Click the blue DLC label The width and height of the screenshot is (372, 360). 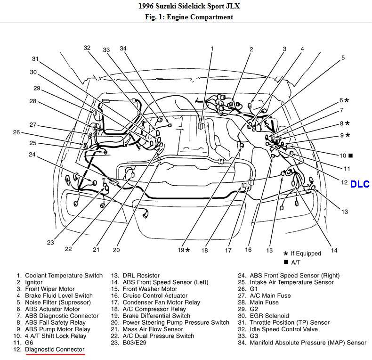[x=360, y=184]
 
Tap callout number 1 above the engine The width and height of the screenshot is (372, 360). [x=212, y=49]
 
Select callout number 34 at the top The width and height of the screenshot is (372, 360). [x=123, y=49]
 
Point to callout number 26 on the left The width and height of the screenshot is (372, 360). [x=16, y=132]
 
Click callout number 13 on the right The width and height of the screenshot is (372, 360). [x=345, y=212]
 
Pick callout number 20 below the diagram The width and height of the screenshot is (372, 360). [x=116, y=250]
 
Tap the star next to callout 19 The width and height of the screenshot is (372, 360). [x=187, y=250]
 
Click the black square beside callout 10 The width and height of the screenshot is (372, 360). [x=350, y=155]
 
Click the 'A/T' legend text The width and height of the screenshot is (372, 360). [x=296, y=262]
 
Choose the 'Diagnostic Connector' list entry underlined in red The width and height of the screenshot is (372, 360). [x=55, y=349]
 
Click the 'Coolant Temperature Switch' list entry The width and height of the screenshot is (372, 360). [x=64, y=276]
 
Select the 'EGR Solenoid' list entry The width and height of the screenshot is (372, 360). [x=269, y=316]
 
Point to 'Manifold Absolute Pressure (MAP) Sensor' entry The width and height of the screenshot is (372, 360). [x=308, y=343]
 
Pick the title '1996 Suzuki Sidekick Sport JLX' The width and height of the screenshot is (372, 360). [x=186, y=7]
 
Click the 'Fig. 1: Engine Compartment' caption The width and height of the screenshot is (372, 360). [x=186, y=17]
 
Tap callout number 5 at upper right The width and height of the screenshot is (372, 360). [x=343, y=58]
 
